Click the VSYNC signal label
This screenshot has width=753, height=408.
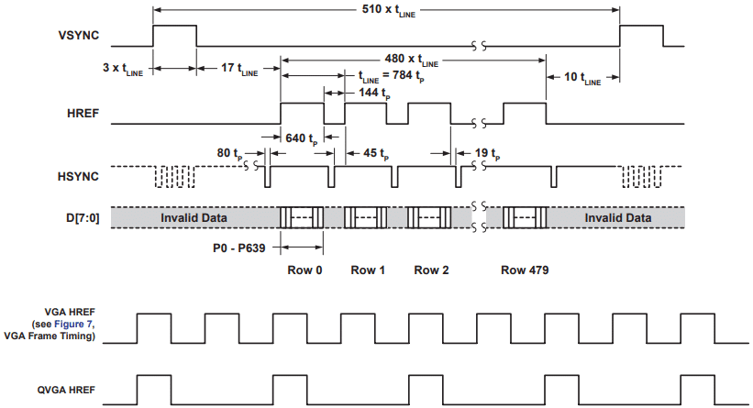tap(79, 36)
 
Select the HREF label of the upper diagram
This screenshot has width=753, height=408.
tap(83, 114)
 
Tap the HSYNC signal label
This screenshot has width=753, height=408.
tap(78, 177)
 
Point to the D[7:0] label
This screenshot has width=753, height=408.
tap(83, 218)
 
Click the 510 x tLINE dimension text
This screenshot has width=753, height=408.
tap(389, 10)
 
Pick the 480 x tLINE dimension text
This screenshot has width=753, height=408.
tap(412, 60)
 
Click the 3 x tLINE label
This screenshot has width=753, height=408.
tap(123, 69)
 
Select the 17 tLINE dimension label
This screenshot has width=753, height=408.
tap(239, 69)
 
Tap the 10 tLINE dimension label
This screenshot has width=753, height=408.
tap(582, 78)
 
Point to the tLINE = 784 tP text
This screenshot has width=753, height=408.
tap(392, 76)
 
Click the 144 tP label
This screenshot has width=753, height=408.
tap(374, 94)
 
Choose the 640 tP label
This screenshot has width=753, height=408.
tap(302, 139)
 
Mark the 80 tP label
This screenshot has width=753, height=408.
tap(229, 154)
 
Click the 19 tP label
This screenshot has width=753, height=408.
tap(487, 154)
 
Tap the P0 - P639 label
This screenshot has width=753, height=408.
tap(239, 248)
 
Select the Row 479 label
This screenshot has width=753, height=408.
tap(525, 270)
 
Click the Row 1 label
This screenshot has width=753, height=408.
tap(368, 270)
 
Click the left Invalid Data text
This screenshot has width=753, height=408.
tap(194, 218)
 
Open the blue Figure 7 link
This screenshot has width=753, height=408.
tap(74, 324)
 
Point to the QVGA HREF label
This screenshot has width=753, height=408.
tap(66, 391)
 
